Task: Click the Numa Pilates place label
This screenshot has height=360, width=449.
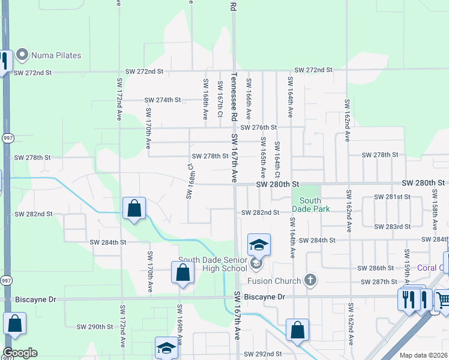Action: pos(57,55)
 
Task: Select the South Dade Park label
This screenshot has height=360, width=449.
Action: pos(310,205)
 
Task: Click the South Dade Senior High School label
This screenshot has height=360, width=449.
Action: pos(212,264)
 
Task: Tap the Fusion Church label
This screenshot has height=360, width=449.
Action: pos(275,280)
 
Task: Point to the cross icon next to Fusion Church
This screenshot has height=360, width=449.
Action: pos(310,280)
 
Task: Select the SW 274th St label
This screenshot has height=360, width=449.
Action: pos(163,100)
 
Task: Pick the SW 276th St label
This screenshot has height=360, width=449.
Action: pos(259,128)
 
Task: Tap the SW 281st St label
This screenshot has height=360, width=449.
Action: pos(392,197)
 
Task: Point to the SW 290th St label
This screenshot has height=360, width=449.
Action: pos(95,327)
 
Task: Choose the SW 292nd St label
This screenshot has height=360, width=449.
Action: pos(263,355)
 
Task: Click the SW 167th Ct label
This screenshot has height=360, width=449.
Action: pos(220,99)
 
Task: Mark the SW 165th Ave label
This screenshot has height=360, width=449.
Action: pos(263,152)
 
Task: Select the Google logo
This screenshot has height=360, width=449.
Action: pos(20,353)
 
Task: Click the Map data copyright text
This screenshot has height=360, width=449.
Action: pos(424,355)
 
